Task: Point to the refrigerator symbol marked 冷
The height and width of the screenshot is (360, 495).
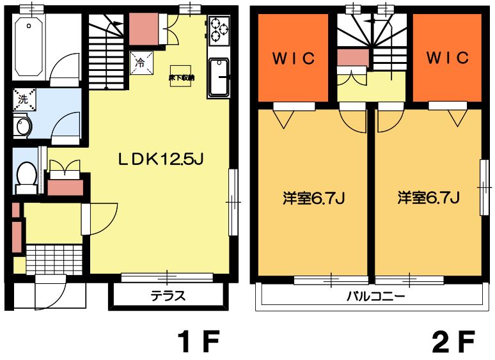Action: point(141,63)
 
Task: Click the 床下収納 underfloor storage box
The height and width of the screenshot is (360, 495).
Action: point(182,76)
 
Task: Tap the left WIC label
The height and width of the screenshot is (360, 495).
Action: point(294,58)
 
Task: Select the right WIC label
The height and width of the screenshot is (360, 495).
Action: point(448,58)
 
